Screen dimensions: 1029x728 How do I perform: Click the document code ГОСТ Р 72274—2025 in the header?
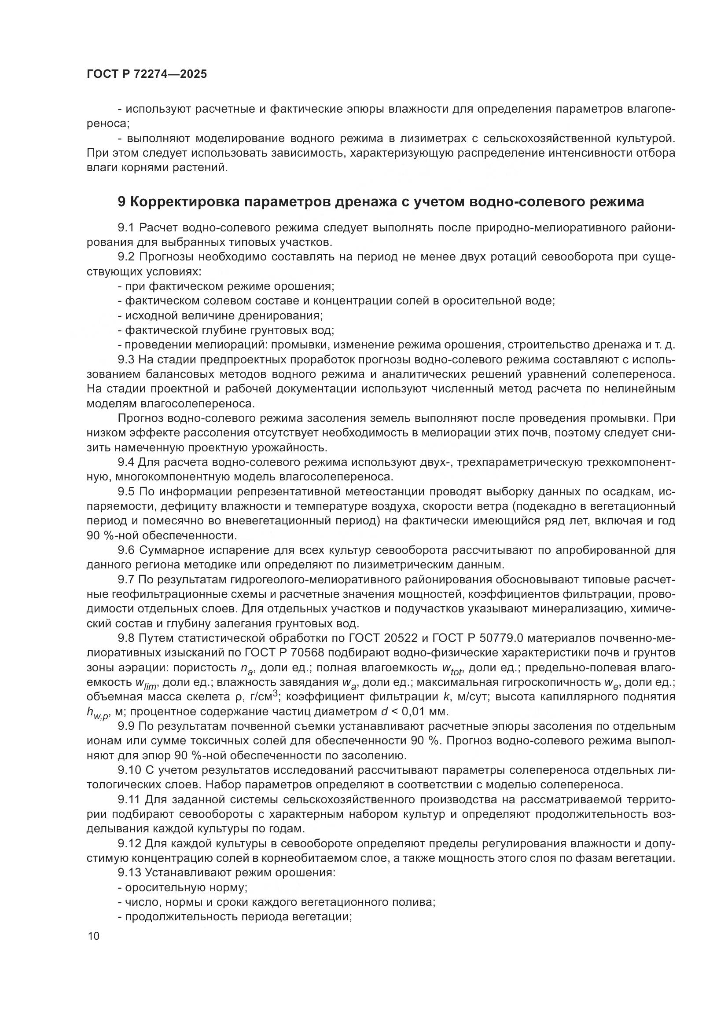click(x=147, y=74)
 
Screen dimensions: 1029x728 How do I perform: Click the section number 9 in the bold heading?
click(x=121, y=202)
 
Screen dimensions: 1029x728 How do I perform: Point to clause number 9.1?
click(x=126, y=228)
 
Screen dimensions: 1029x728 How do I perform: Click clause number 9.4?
click(x=126, y=462)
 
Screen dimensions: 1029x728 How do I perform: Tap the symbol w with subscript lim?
click(x=145, y=683)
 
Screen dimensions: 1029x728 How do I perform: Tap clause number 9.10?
click(x=129, y=770)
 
